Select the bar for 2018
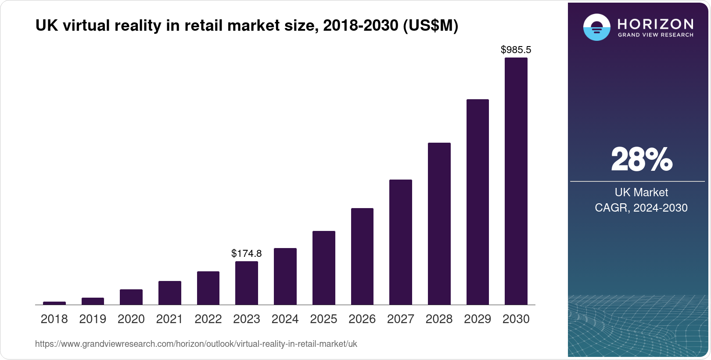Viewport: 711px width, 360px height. (x=54, y=303)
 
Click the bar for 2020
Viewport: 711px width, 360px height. (x=131, y=297)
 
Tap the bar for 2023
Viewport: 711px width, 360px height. (x=247, y=283)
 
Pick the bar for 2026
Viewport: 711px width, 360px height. (x=362, y=256)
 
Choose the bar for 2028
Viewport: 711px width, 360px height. (x=439, y=224)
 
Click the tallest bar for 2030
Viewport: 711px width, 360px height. (x=516, y=181)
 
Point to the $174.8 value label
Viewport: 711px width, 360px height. (x=247, y=253)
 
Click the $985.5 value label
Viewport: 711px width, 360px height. (x=516, y=50)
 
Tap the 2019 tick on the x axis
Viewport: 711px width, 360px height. (x=93, y=319)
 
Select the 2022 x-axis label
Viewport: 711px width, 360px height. (x=208, y=319)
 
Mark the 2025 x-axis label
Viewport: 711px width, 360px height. (x=323, y=319)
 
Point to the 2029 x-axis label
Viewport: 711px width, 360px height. (x=478, y=319)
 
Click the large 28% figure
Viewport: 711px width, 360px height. (x=641, y=159)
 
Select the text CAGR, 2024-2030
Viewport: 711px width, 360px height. (x=641, y=208)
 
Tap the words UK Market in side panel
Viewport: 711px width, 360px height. (x=641, y=192)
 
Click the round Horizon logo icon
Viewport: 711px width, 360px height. (x=596, y=27)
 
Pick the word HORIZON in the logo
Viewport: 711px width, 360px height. (x=656, y=24)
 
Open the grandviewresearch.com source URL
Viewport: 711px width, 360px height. (x=196, y=344)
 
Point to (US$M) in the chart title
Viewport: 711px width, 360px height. (x=430, y=26)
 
